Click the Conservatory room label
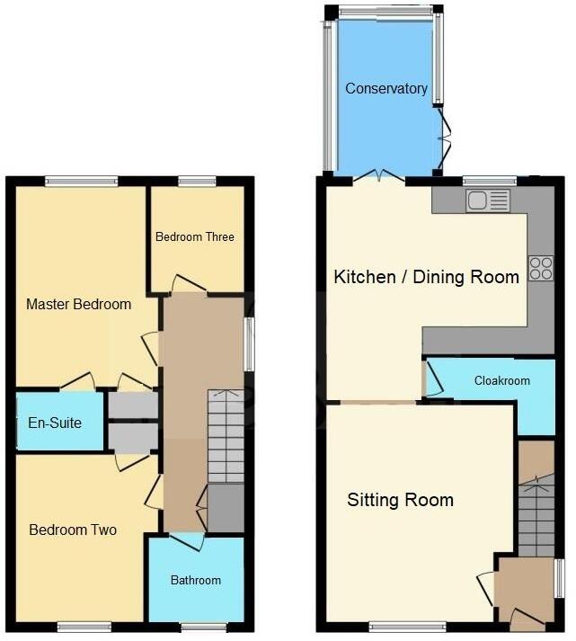pyautogui.click(x=385, y=88)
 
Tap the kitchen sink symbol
pyautogui.click(x=487, y=200)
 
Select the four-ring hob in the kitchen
pyautogui.click(x=541, y=268)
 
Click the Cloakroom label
pyautogui.click(x=501, y=380)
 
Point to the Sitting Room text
pyautogui.click(x=400, y=500)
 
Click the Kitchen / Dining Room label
pyautogui.click(x=426, y=276)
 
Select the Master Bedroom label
pyautogui.click(x=78, y=304)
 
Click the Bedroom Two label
pyautogui.click(x=73, y=530)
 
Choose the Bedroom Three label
pyautogui.click(x=194, y=236)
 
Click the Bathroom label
pyautogui.click(x=195, y=580)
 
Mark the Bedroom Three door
pyautogui.click(x=188, y=285)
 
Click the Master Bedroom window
pyautogui.click(x=81, y=181)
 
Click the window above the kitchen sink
pyautogui.click(x=483, y=181)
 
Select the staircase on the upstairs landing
pyautogui.click(x=226, y=436)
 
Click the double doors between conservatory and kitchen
pyautogui.click(x=379, y=175)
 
